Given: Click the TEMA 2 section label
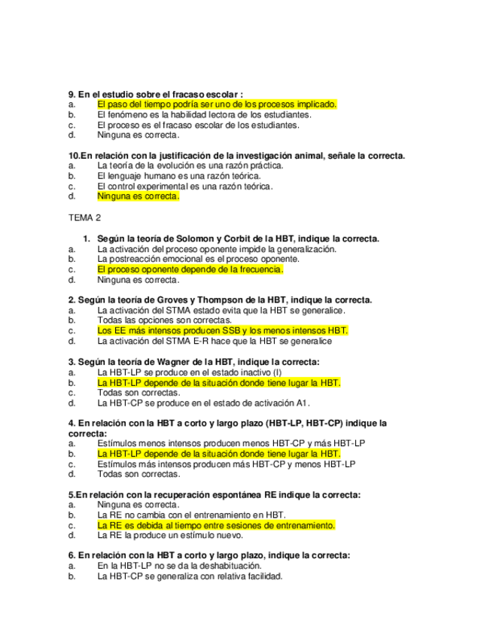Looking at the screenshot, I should pos(84,218).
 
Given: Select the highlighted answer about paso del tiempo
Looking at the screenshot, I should pos(217,105).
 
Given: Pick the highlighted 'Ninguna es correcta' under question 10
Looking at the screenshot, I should pos(138,196).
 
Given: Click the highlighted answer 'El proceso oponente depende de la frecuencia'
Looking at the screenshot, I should pos(190,269).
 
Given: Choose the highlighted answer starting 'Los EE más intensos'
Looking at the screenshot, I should pos(223,330).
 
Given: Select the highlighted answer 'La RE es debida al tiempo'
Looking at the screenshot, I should pos(216,525).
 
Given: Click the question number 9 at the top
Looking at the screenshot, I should pos(72,94).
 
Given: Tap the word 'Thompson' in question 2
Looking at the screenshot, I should pos(229,299).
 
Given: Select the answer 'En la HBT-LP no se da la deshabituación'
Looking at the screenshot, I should pos(180,566).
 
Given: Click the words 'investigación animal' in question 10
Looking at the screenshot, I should pos(275,156).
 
